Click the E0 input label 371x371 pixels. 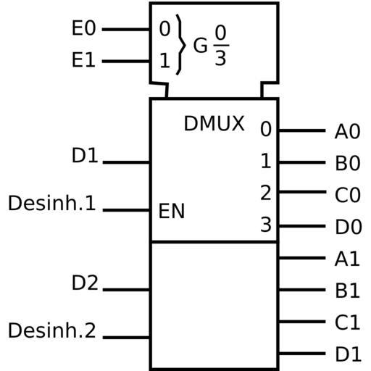pos(83,28)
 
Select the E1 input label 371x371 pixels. pos(83,59)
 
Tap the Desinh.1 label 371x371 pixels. pos(52,203)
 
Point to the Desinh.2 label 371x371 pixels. pos(52,330)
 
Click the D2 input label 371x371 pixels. pos(85,283)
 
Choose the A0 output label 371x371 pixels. pos(348,131)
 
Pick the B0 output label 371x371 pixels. pos(348,163)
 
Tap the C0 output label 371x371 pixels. pos(348,195)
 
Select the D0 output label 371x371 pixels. pos(349,227)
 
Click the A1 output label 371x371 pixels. pos(347,259)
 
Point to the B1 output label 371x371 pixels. pos(348,291)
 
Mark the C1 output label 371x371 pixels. pos(348,322)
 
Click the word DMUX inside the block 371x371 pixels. pos(214,123)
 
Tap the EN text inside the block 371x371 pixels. pos(172,211)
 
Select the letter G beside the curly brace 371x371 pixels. pos(200,45)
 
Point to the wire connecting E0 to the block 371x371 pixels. pos(126,30)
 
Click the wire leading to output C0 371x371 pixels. pos(302,192)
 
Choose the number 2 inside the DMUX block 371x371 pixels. pos(266,192)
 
